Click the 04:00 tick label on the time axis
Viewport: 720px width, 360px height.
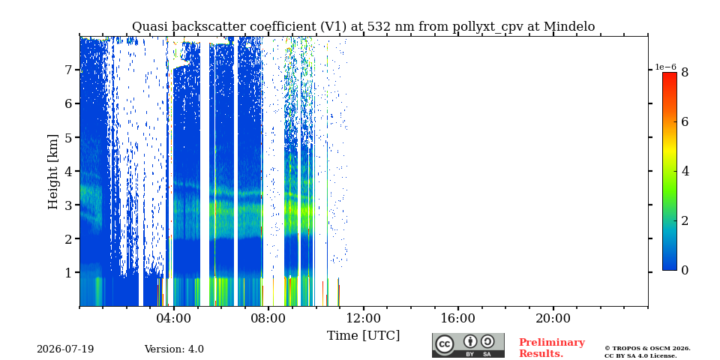pyautogui.click(x=174, y=318)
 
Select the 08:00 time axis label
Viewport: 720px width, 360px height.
pyautogui.click(x=268, y=318)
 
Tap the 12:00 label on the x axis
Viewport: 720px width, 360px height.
pyautogui.click(x=364, y=318)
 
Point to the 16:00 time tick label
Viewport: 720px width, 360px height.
pyautogui.click(x=458, y=318)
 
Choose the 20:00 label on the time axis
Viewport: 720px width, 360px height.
pyautogui.click(x=553, y=318)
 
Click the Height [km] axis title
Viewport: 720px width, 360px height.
pyautogui.click(x=53, y=172)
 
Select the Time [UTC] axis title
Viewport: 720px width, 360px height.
pyautogui.click(x=363, y=336)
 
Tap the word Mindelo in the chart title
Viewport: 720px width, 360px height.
pyautogui.click(x=569, y=27)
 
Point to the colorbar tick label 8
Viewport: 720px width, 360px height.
pyautogui.click(x=685, y=72)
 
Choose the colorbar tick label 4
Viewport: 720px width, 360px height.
pyautogui.click(x=685, y=171)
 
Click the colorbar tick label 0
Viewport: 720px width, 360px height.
pyautogui.click(x=685, y=271)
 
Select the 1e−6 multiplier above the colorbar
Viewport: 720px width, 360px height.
pyautogui.click(x=665, y=67)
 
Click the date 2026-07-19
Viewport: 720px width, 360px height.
pyautogui.click(x=65, y=349)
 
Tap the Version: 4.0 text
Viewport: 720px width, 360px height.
pyautogui.click(x=174, y=349)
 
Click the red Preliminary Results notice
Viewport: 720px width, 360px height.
pyautogui.click(x=552, y=348)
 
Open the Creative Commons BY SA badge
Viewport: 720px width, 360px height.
pyautogui.click(x=468, y=345)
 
